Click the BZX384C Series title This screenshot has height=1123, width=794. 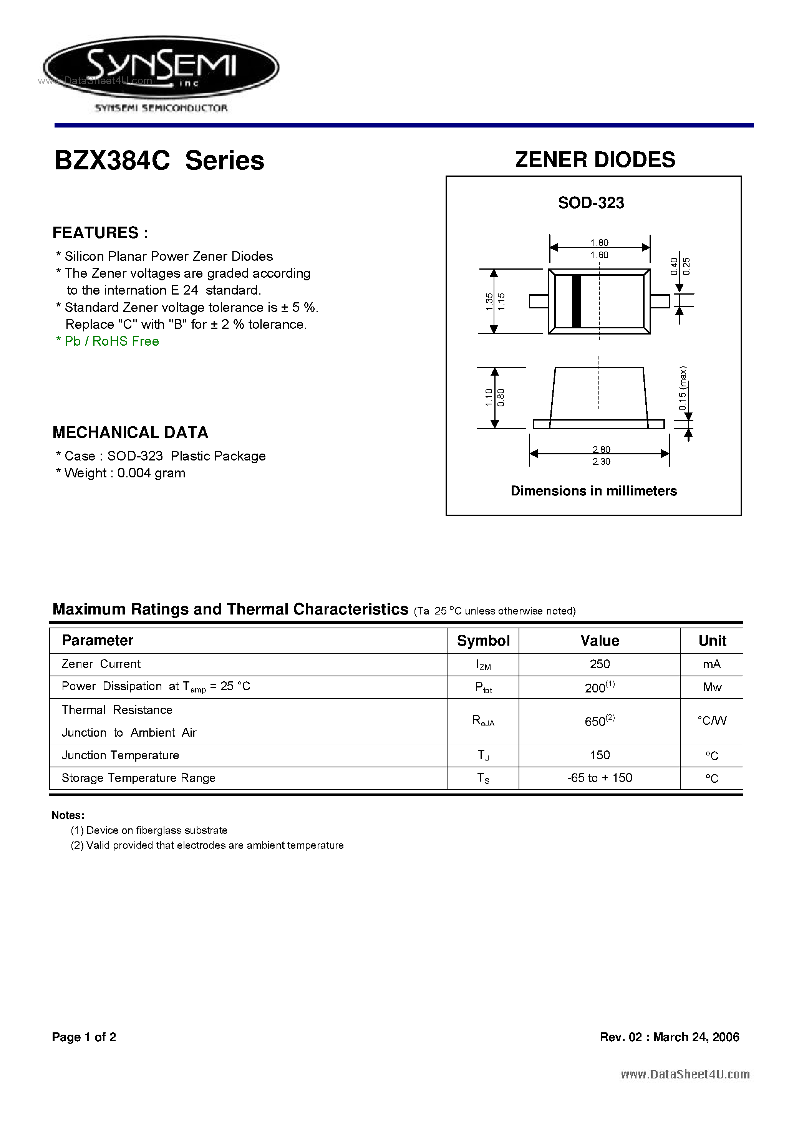[x=159, y=161]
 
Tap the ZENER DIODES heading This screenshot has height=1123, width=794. [x=595, y=160]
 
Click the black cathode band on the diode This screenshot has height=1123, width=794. [x=576, y=301]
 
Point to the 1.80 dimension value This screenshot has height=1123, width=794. [x=599, y=243]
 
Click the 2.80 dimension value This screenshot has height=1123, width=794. [x=601, y=449]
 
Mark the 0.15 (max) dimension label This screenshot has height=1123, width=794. [x=683, y=388]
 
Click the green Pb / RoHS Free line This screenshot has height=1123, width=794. [x=108, y=341]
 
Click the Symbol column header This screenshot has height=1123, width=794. [x=483, y=641]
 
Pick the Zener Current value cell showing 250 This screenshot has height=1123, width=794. [x=599, y=664]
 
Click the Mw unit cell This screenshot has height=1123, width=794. [x=712, y=687]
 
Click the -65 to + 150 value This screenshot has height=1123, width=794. [x=599, y=778]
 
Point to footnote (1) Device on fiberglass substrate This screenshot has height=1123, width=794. [x=149, y=830]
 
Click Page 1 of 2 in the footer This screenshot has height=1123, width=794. [x=84, y=1037]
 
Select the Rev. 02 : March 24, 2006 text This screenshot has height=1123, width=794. [x=669, y=1037]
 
